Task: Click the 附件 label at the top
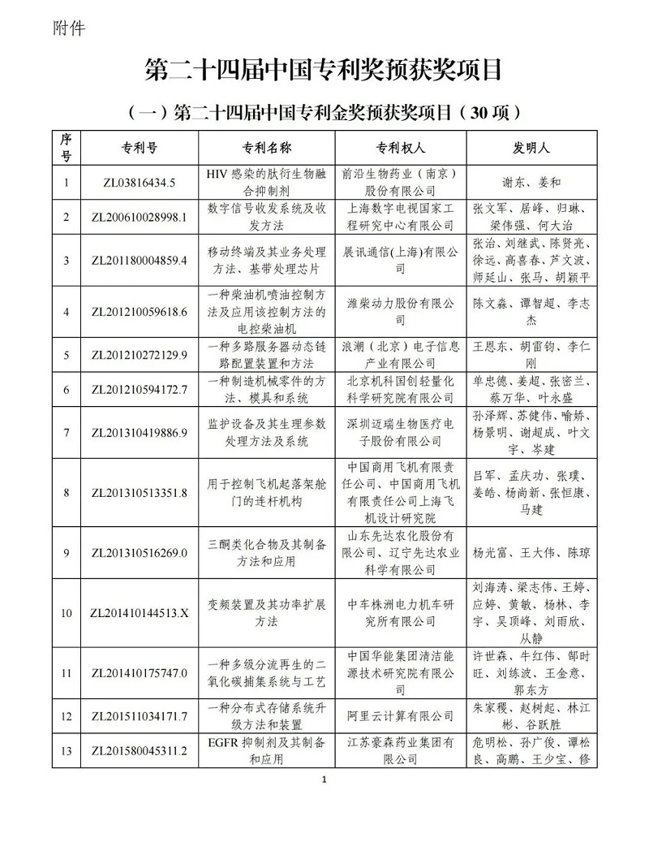67,28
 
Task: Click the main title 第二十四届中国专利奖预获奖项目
324,70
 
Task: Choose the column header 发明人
532,149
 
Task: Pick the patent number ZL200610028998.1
140,216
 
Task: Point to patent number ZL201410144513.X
140,612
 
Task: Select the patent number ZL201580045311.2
140,749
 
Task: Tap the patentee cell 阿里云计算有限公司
401,715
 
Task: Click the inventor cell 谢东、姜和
532,183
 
